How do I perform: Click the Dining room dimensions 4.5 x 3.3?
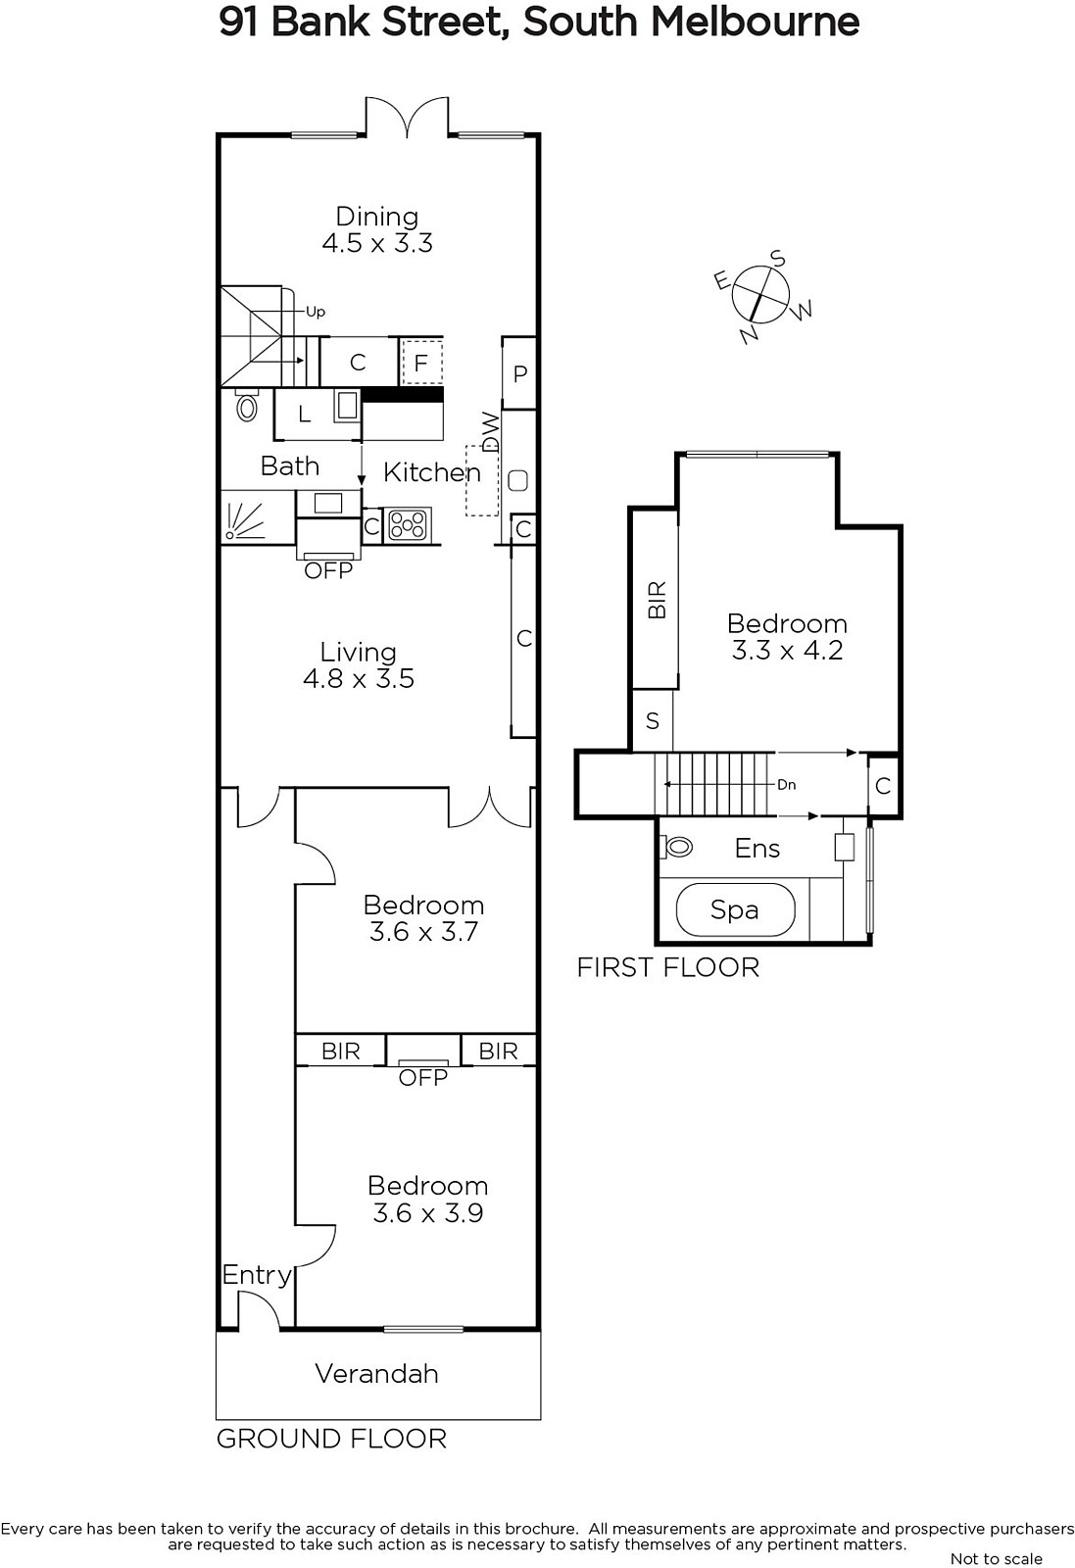pos(377,244)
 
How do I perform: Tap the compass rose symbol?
pos(761,295)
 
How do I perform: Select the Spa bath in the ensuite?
pos(736,909)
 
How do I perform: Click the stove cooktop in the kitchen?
pos(408,524)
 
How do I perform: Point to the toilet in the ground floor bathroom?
pos(247,404)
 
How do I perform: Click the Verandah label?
pos(377,1373)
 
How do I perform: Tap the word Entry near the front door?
pos(257,1275)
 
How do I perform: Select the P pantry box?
pos(519,373)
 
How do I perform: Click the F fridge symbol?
pos(421,362)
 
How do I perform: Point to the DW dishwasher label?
pos(491,432)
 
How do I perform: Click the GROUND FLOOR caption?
pos(332,1439)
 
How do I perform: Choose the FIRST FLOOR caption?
pos(668,967)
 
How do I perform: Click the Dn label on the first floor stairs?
pos(787,785)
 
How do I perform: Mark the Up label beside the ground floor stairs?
pos(316,313)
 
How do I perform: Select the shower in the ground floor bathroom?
pos(257,517)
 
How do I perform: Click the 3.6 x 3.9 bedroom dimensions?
pos(427,1213)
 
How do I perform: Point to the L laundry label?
pos(305,415)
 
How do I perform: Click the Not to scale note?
pos(997,1559)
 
